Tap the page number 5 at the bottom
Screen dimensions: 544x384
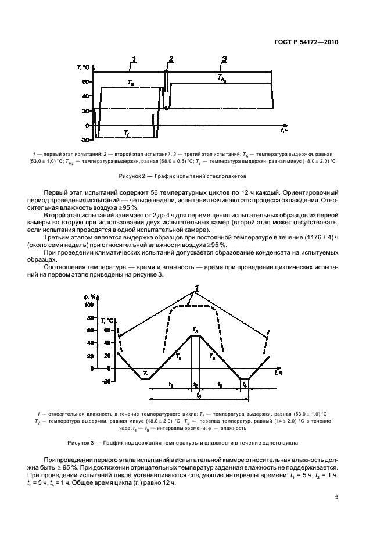(337, 497)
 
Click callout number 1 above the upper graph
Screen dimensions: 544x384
(134, 59)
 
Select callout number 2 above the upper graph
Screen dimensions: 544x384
(171, 59)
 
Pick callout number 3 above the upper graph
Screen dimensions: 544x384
(224, 59)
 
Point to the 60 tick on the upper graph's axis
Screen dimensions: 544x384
(85, 82)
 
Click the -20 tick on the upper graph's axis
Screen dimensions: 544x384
(84, 140)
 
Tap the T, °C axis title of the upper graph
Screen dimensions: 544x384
(84, 68)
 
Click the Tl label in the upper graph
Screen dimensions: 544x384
(126, 133)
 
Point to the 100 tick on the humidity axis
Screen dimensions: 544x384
(89, 304)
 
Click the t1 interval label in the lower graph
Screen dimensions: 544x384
(170, 384)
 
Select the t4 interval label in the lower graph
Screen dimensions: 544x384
(245, 385)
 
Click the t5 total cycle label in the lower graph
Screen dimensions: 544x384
(199, 395)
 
